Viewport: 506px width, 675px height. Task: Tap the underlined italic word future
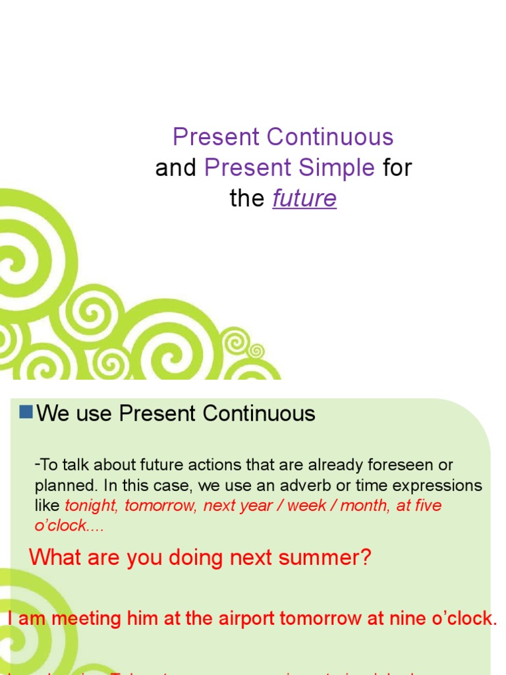(304, 199)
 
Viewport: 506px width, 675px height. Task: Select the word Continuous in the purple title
(330, 137)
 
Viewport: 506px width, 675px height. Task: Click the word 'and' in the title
(176, 168)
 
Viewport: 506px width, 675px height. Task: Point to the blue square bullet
(26, 413)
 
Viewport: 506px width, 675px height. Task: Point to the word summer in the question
(327, 558)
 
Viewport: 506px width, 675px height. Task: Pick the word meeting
(86, 619)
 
